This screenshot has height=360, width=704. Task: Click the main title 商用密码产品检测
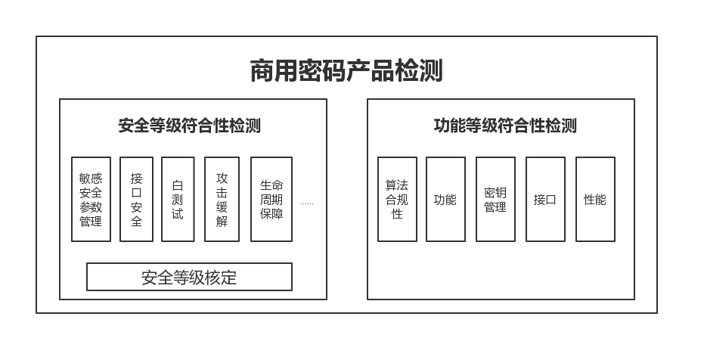coord(346,70)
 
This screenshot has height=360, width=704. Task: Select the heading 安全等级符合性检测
coord(189,126)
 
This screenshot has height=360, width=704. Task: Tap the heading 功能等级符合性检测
coord(505,126)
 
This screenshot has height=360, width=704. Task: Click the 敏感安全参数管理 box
coord(91,200)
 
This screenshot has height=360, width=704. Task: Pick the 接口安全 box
coord(136,200)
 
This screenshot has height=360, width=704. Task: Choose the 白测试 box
coord(178,200)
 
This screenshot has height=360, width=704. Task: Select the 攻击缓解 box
coord(222,200)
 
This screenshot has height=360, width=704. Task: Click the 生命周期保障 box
coord(271,200)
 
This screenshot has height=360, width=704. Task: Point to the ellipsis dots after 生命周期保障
coord(306,203)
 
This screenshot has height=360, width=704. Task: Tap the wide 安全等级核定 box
coord(189,277)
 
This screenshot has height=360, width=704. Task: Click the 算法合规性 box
coord(397,200)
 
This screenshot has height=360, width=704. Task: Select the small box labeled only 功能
coord(445,200)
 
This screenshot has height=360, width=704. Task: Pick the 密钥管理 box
coord(495,200)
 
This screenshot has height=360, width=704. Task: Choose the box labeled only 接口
coord(545,200)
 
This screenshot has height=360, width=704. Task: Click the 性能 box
coord(595,200)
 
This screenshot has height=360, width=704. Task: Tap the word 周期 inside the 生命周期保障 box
coord(271,200)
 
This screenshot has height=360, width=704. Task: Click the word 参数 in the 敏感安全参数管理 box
coord(91,207)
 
